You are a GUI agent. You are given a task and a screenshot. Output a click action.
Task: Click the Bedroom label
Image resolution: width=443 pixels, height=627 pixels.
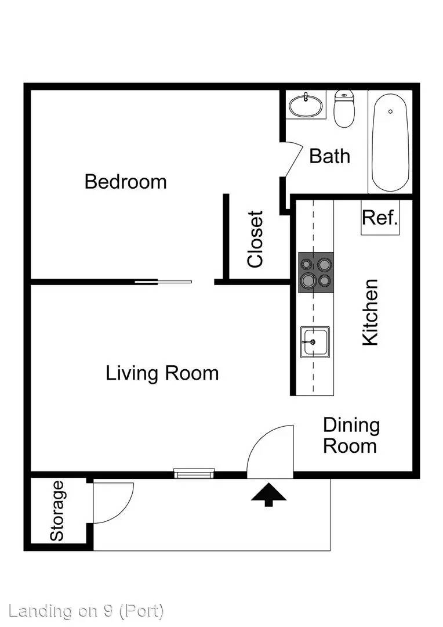(125, 182)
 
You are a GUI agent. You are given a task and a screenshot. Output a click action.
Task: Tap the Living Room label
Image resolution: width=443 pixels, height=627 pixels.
(162, 373)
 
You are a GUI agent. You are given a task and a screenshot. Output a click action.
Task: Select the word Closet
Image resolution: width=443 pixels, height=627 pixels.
(256, 239)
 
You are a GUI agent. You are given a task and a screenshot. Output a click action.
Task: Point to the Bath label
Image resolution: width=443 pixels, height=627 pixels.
(329, 156)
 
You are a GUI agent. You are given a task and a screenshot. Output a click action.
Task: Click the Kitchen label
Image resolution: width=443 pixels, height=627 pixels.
(370, 312)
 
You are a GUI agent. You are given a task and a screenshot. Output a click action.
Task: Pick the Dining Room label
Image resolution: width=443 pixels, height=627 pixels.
(351, 435)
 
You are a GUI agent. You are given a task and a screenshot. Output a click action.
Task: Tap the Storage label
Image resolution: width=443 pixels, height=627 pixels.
(57, 511)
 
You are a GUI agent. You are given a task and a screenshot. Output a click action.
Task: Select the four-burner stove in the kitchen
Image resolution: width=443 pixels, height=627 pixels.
(316, 272)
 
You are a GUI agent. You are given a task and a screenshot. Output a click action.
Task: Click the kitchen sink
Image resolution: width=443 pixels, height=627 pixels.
(315, 343)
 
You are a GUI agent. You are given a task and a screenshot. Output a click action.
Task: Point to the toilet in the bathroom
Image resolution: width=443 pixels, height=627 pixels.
(344, 109)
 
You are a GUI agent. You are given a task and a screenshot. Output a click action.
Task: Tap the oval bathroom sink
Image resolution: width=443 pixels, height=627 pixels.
(306, 106)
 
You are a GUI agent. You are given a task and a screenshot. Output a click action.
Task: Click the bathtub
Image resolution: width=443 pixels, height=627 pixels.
(390, 142)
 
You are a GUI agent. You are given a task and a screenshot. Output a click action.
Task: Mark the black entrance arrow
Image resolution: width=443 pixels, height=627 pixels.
(269, 495)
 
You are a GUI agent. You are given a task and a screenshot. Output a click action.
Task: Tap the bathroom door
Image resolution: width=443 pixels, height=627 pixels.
(293, 159)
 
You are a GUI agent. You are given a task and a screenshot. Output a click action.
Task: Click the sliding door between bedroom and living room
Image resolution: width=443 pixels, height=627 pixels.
(163, 282)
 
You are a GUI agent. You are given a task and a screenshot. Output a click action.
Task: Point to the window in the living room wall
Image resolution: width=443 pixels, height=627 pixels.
(194, 474)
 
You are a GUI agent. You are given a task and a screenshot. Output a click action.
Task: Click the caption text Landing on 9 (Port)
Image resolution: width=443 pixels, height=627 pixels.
(86, 611)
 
